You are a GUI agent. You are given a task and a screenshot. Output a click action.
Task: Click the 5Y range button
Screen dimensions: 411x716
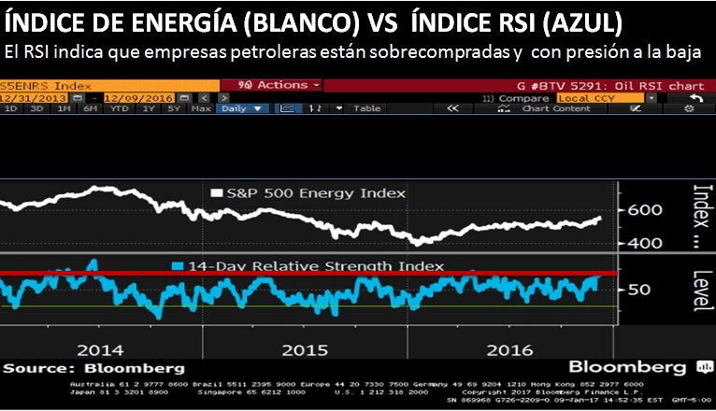coord(174,108)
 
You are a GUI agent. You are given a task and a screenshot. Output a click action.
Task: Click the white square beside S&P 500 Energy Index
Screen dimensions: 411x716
coord(218,193)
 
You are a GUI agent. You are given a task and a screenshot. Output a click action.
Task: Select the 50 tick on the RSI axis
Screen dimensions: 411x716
coord(637,290)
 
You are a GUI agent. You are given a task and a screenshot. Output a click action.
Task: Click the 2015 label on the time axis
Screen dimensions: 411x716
coord(305,350)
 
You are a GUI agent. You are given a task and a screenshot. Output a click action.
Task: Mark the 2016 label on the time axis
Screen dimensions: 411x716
coord(508,350)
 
